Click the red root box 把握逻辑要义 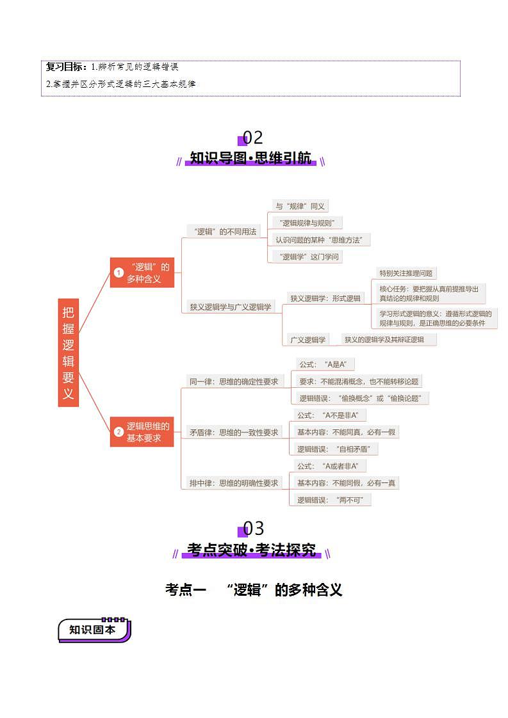(69, 352)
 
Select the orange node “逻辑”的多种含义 (142, 273)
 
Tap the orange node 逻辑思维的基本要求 (142, 432)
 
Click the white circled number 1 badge (119, 273)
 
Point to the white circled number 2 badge (119, 432)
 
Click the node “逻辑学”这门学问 (306, 257)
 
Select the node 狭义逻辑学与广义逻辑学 (231, 307)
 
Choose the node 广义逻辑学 (308, 339)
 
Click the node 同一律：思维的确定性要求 (234, 381)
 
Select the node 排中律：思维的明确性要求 (234, 483)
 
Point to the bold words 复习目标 (67, 67)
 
